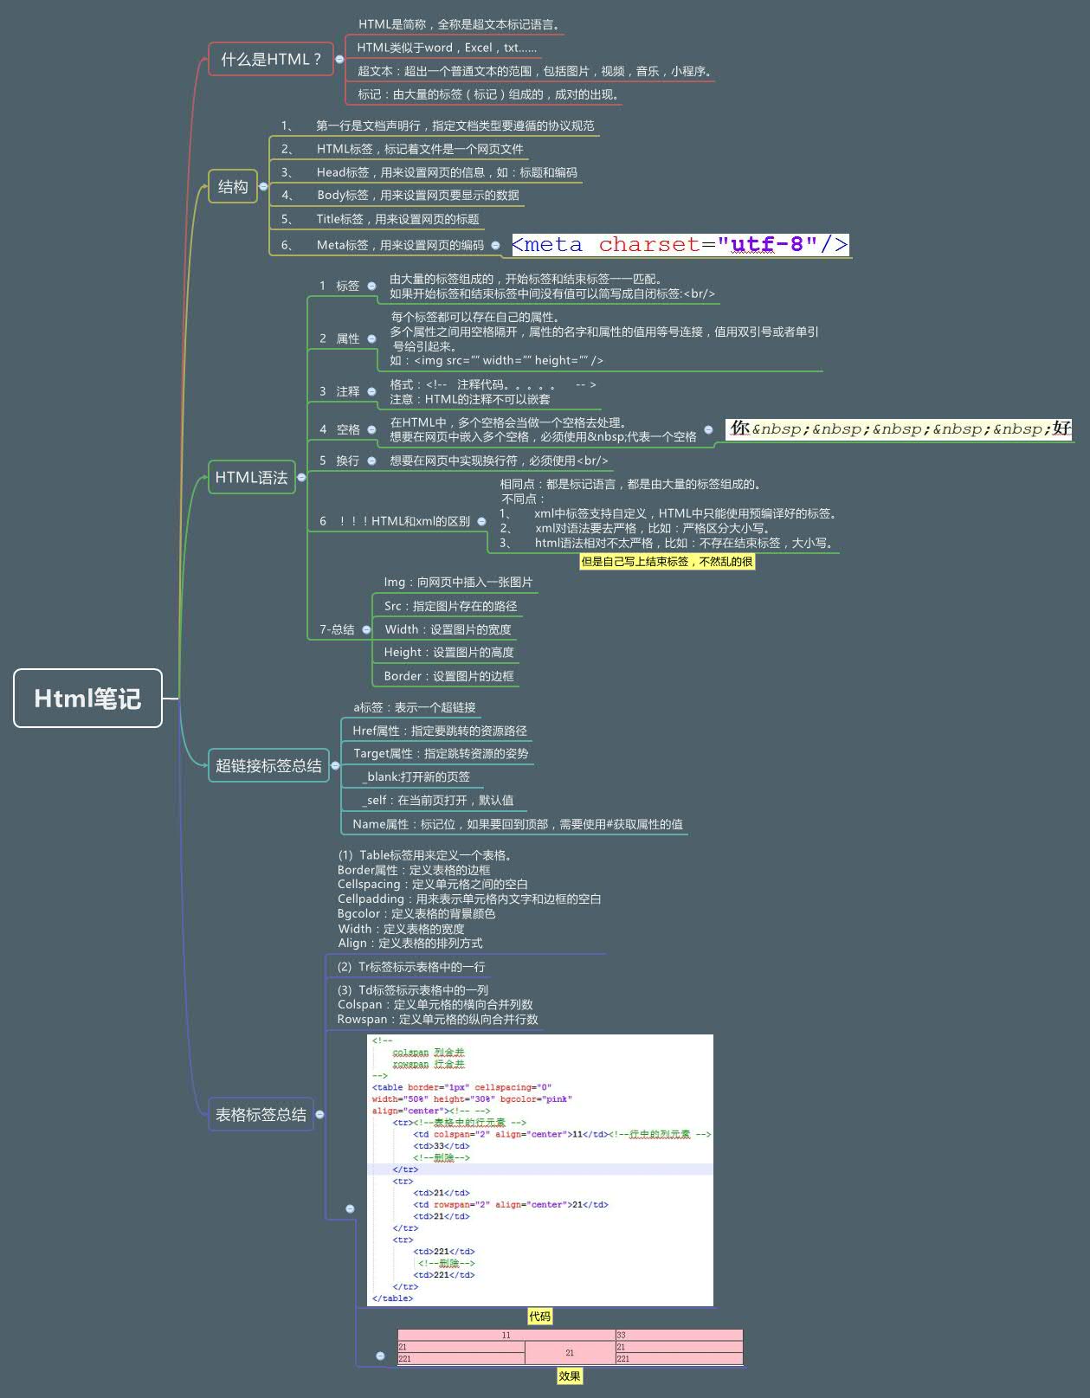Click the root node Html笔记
(x=87, y=698)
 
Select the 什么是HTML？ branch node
(x=270, y=59)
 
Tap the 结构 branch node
(x=233, y=186)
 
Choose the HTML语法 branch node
(x=251, y=477)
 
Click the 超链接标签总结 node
(x=268, y=765)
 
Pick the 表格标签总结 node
(x=261, y=1114)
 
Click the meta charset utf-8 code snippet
(x=680, y=245)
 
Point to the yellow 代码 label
(x=539, y=1316)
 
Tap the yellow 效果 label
(x=569, y=1375)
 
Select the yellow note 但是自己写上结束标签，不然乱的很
(x=667, y=561)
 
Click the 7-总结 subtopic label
(x=337, y=629)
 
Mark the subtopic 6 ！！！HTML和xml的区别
(x=395, y=521)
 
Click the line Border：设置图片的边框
(x=448, y=676)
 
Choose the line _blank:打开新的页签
(x=416, y=776)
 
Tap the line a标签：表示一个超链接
(x=414, y=707)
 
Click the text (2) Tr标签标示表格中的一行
(x=411, y=967)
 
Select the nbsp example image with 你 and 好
(x=900, y=428)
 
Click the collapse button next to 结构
(x=263, y=186)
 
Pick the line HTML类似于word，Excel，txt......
(x=447, y=48)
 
